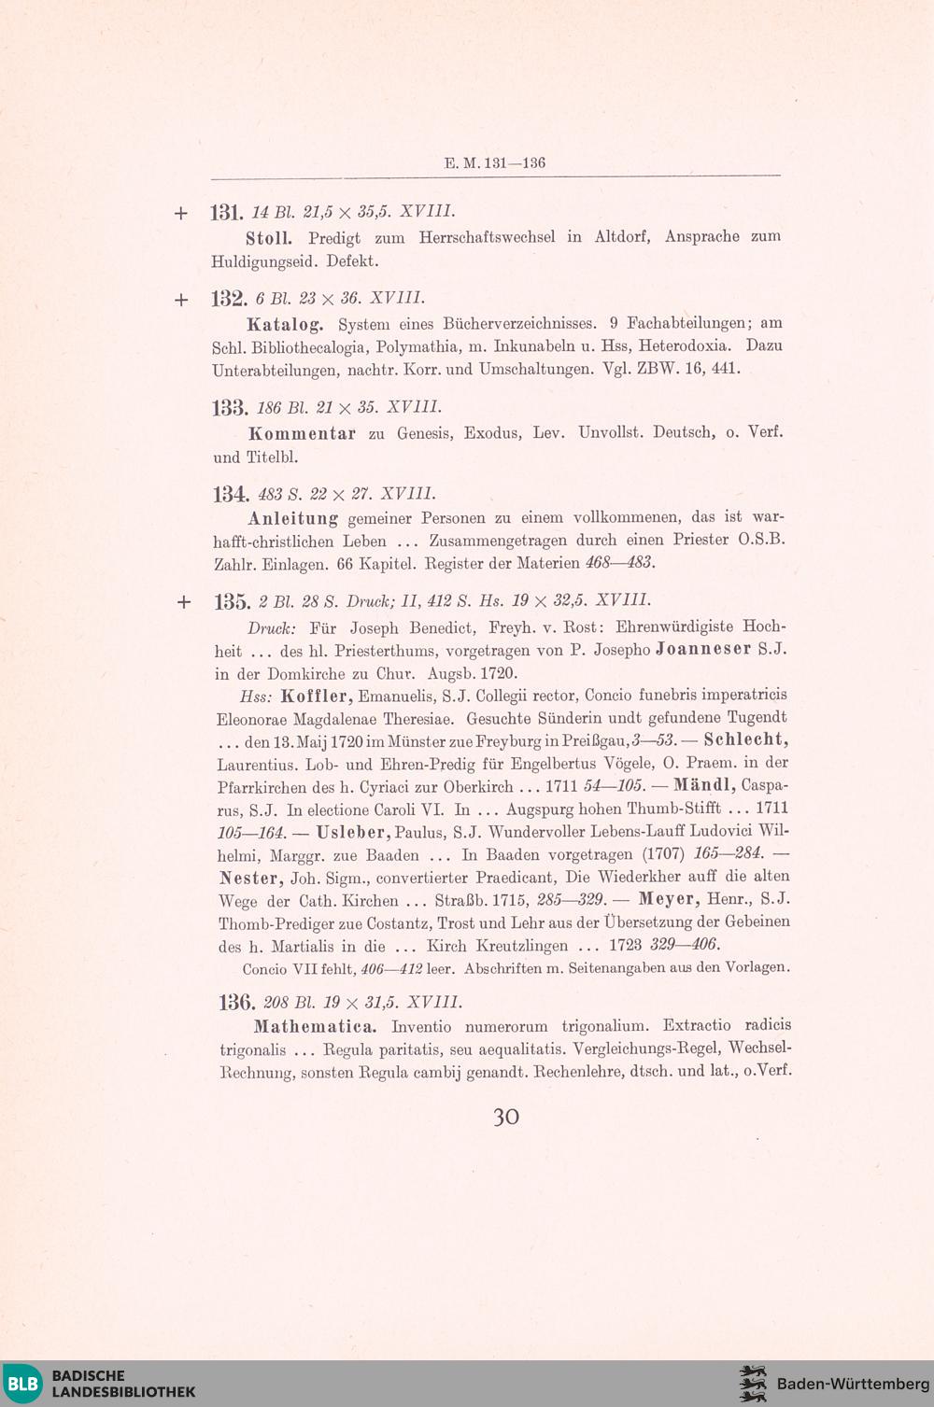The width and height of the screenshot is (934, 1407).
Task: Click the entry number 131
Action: point(227,213)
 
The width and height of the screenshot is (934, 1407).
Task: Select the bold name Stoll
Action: point(269,238)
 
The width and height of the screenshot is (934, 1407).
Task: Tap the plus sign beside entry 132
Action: point(181,301)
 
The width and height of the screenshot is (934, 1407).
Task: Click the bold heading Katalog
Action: point(285,325)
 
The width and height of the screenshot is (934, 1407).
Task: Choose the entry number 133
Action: point(230,408)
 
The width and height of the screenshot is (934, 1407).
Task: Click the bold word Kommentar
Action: point(302,434)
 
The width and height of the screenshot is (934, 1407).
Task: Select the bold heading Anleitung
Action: point(293,518)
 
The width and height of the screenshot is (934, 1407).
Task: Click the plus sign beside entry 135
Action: point(183,602)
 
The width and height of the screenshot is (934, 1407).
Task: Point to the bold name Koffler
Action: point(316,696)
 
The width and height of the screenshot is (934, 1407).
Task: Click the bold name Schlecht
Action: point(745,740)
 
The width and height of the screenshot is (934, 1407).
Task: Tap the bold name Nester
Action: point(251,878)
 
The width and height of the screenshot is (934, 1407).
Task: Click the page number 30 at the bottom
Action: point(505,1118)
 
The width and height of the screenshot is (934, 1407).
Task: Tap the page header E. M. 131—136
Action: point(495,163)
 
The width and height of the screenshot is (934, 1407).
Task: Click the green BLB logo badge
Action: point(23,1384)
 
